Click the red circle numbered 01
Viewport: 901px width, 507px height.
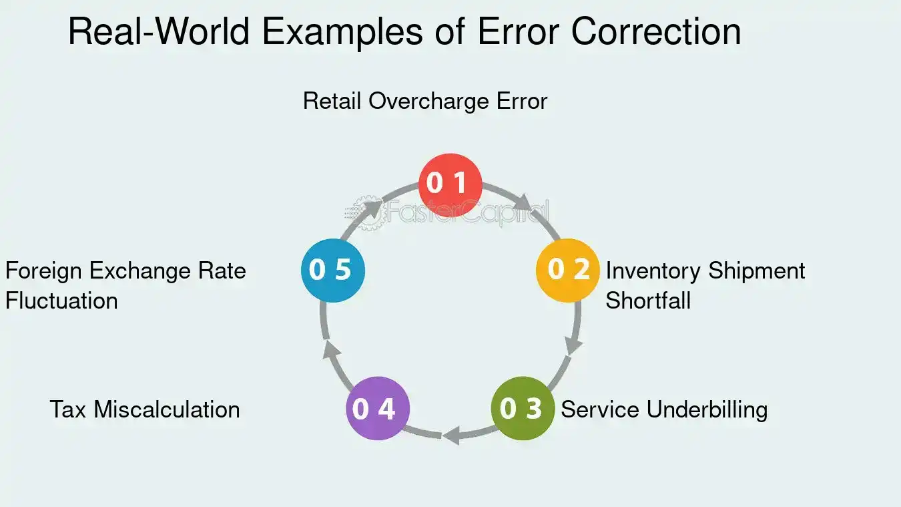click(450, 184)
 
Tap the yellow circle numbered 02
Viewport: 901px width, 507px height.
click(568, 270)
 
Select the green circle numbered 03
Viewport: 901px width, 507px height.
click(523, 408)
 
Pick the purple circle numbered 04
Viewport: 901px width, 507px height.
click(377, 408)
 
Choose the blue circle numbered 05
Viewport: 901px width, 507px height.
click(332, 270)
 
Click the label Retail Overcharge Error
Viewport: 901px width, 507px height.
click(425, 102)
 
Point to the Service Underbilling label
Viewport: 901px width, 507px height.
click(664, 409)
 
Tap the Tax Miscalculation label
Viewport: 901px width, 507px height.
click(145, 409)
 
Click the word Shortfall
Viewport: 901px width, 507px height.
click(648, 301)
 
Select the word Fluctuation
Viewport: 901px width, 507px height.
click(61, 301)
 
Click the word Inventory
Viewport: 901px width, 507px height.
click(654, 271)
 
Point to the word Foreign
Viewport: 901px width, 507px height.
click(44, 271)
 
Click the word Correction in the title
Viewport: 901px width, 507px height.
click(656, 32)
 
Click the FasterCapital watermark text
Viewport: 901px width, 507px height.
click(467, 212)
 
